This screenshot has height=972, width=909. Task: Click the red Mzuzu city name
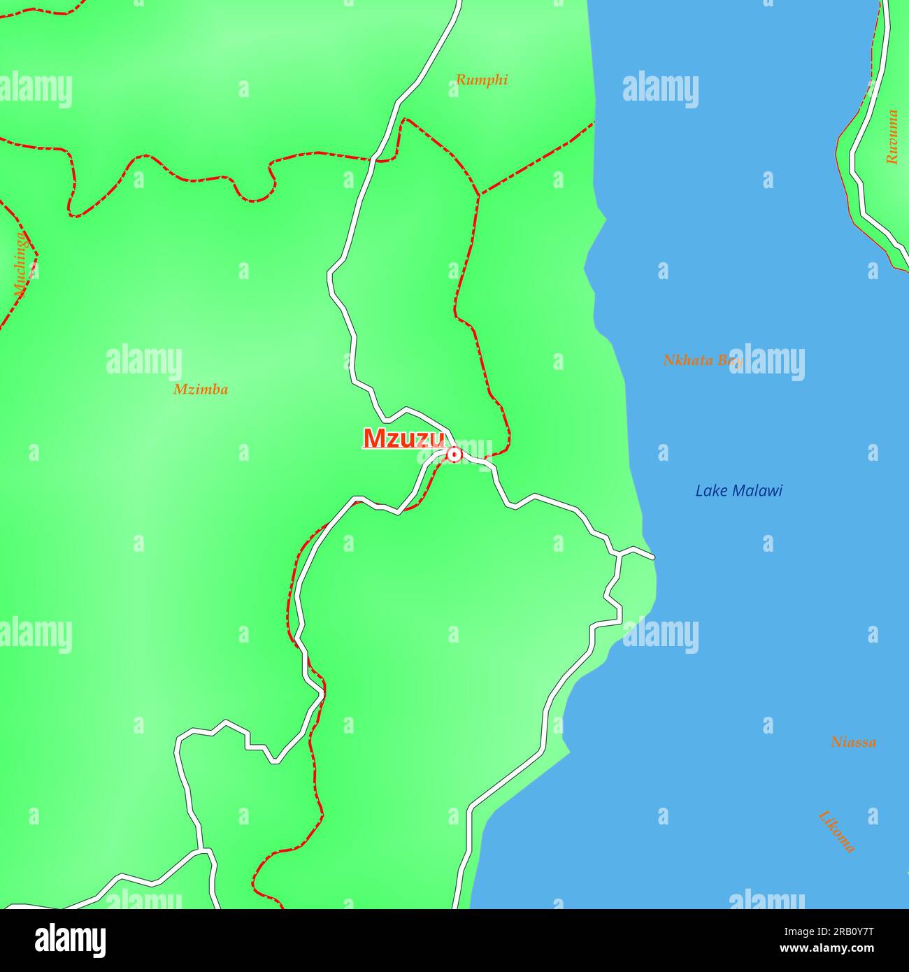click(403, 438)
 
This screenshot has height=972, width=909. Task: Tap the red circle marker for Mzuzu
click(454, 455)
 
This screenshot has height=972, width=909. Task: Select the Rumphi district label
click(482, 80)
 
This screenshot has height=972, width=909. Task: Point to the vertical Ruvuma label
click(892, 137)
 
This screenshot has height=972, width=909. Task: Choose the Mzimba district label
click(201, 389)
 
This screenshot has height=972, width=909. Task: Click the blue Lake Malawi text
click(738, 491)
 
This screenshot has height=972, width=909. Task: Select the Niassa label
click(853, 742)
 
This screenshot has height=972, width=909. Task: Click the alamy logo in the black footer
click(70, 941)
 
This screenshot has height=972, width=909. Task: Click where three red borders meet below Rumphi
click(479, 194)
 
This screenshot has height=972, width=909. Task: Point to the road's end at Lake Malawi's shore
click(653, 557)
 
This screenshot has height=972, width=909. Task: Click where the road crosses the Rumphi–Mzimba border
click(378, 160)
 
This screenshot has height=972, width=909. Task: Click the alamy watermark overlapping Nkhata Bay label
click(766, 362)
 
